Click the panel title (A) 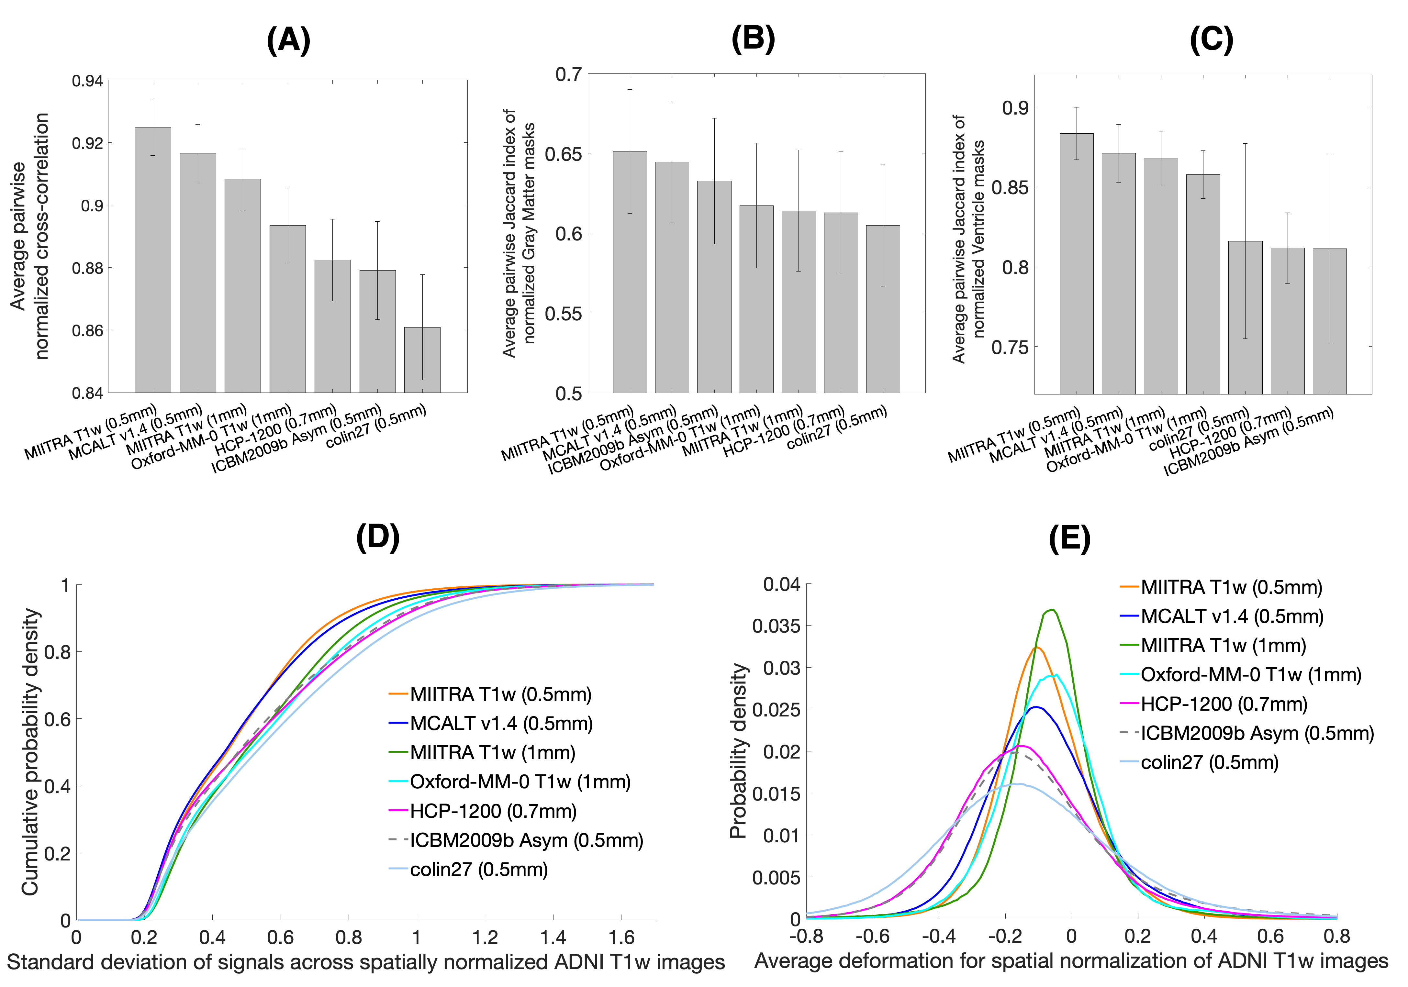pos(288,42)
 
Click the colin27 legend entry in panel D pos(478,869)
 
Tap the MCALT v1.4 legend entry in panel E pos(1231,616)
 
